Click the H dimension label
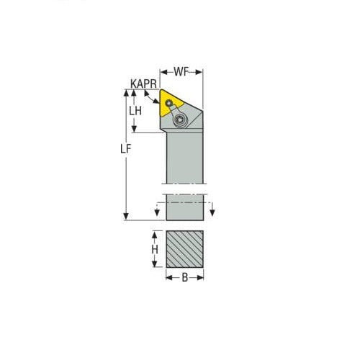154,249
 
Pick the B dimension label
185,278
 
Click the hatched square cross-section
185,249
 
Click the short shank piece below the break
185,208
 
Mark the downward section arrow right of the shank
212,210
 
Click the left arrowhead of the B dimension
168,277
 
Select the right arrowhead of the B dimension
202,277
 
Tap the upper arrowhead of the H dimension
153,235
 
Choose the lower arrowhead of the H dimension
153,264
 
